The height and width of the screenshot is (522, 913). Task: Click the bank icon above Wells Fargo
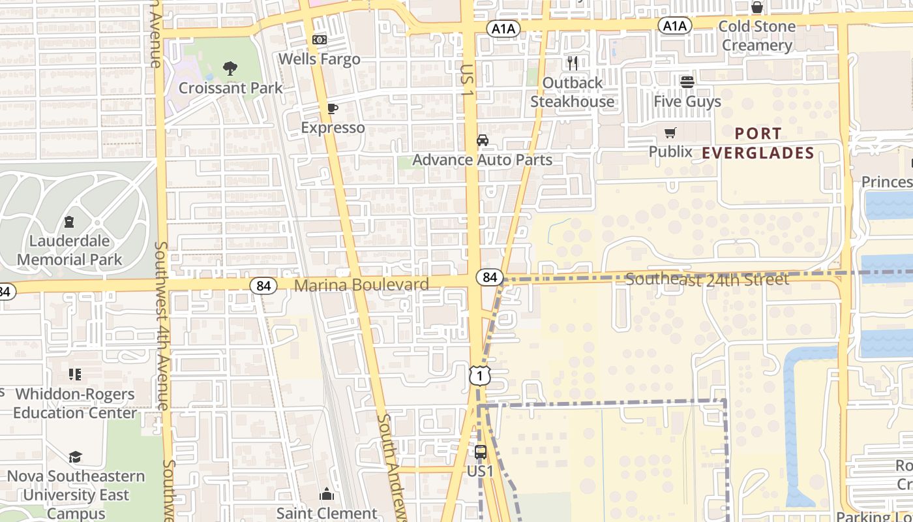click(320, 40)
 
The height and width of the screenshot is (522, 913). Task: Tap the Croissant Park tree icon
click(230, 68)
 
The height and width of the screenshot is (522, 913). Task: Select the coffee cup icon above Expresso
click(333, 108)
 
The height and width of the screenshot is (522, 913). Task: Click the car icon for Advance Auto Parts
click(483, 140)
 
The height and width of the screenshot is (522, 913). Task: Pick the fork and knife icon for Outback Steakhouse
click(573, 63)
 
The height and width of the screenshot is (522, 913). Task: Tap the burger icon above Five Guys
click(687, 82)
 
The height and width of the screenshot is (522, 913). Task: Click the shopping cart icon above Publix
click(670, 133)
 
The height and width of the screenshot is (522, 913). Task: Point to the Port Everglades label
click(758, 143)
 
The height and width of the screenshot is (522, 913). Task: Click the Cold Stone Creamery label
click(756, 36)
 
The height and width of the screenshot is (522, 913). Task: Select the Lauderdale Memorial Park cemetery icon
click(70, 221)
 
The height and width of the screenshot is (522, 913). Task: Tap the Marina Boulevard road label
click(361, 285)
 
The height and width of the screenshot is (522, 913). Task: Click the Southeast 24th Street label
click(707, 280)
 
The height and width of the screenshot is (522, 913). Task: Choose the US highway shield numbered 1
click(479, 376)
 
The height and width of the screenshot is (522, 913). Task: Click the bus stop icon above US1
click(481, 452)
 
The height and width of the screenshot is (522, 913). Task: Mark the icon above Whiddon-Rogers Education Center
click(75, 375)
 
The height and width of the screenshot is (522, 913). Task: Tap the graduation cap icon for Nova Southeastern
click(75, 457)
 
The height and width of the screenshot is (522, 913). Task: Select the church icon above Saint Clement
click(327, 495)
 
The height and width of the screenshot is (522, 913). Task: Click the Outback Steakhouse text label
click(572, 92)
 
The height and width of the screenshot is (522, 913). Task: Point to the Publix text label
click(670, 152)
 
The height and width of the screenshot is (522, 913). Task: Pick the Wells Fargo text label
click(320, 59)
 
